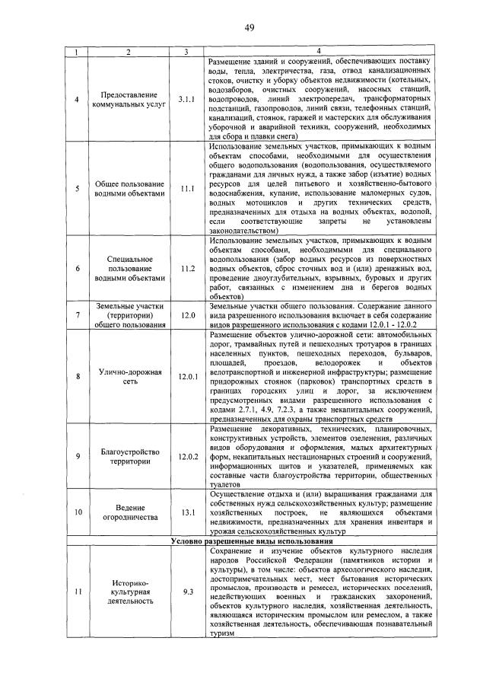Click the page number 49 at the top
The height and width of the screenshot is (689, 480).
pyautogui.click(x=249, y=28)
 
